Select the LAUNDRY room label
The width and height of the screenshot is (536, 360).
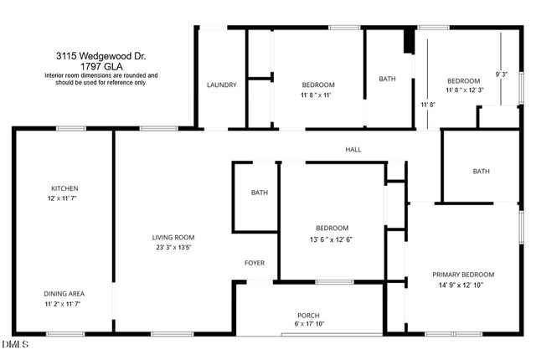point(222,85)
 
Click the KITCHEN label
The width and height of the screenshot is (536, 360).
point(64,188)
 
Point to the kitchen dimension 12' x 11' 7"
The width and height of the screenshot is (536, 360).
point(64,198)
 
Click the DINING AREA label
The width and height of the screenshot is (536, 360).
point(64,294)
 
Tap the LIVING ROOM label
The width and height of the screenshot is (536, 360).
point(173,237)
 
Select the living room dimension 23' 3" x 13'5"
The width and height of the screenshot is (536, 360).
point(173,247)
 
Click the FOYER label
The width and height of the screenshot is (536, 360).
point(255,263)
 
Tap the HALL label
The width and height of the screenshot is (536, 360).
point(353,150)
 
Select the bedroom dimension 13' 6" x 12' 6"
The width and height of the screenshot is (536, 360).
point(332,239)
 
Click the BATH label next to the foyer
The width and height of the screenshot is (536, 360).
point(260,193)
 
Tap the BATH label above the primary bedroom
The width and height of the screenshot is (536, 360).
point(481,172)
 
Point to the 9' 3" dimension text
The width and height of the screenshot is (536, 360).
point(502,75)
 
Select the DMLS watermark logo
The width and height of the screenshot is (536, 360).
point(15,344)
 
